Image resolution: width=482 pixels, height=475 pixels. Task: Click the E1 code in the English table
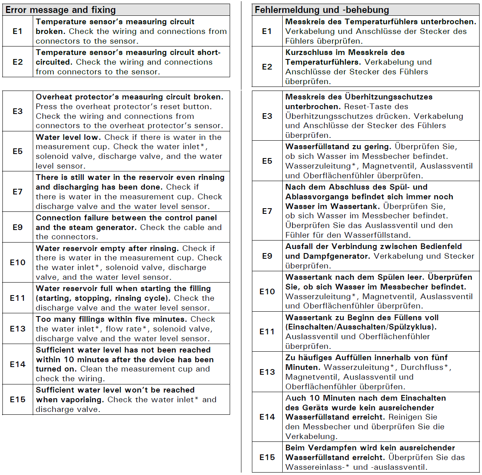tap(17, 31)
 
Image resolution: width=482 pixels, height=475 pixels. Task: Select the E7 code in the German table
tap(267, 211)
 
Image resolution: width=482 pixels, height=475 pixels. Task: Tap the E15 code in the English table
tap(17, 399)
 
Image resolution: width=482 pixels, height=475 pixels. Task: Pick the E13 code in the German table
tap(267, 372)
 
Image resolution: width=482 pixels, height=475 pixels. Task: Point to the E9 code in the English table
tap(17, 227)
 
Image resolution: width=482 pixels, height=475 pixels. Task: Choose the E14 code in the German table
tap(267, 417)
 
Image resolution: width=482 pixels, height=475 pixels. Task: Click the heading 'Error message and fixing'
tap(61, 10)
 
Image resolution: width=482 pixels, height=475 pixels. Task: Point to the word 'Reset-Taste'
tap(376, 107)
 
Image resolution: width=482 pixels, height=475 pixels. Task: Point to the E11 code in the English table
tap(17, 298)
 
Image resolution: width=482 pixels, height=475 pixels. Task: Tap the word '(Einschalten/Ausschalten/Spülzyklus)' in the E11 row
tap(361, 327)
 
